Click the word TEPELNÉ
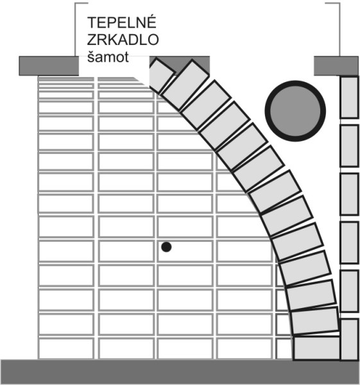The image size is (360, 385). coord(121,22)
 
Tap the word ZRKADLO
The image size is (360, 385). coord(123,40)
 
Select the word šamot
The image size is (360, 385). coord(108,56)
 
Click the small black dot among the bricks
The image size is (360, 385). coord(166,247)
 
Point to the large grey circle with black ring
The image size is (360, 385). coord(295,111)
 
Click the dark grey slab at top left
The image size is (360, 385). coord(49,66)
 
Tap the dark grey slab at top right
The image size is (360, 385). coord(336,66)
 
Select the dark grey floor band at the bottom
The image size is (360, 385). coord(180,372)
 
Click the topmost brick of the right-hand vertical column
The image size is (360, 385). coord(349,98)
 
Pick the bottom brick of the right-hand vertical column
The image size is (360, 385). coord(350,339)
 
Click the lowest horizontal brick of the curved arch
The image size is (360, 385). coord(317,348)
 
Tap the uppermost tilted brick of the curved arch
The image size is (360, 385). coord(161,75)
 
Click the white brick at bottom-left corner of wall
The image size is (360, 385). coord(66,348)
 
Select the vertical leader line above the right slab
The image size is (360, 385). coord(340,30)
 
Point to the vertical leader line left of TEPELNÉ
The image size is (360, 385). coord(75,30)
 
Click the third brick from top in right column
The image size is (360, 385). coord(349,194)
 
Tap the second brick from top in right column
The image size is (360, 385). coord(349,146)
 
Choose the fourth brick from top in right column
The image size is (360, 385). coord(349,243)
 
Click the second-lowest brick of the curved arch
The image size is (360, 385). coord(315,321)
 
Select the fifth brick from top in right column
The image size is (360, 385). coord(349,291)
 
